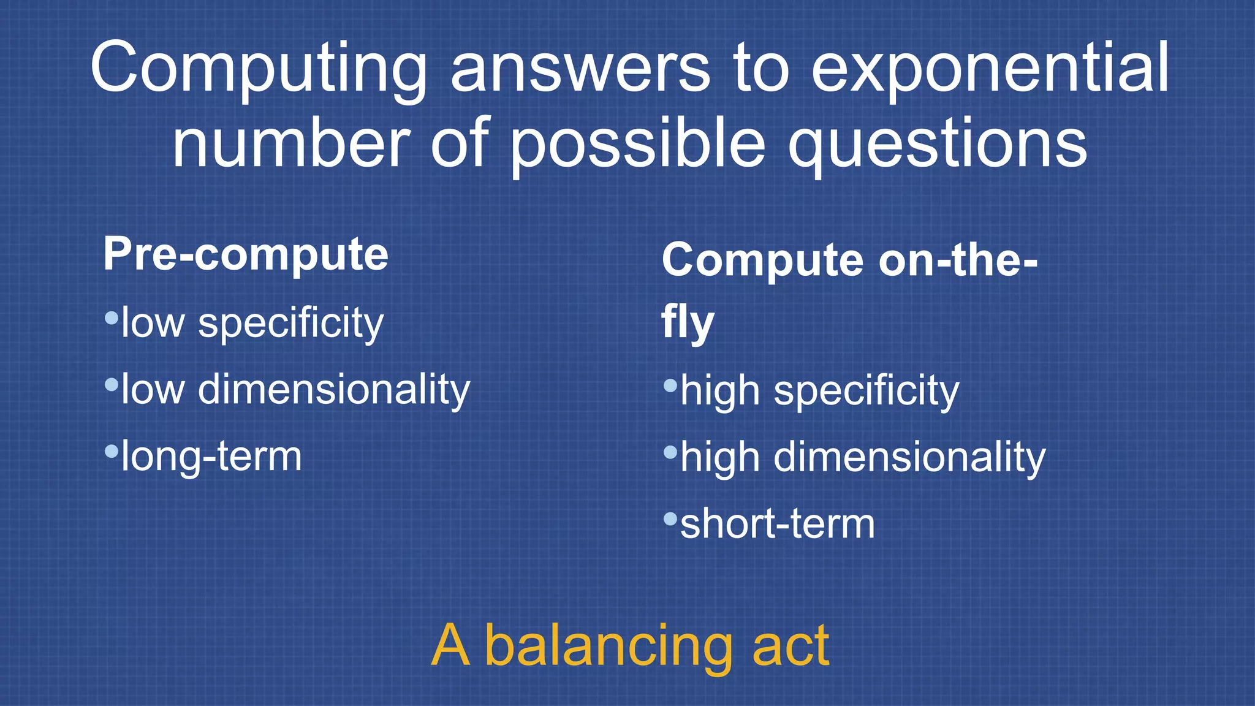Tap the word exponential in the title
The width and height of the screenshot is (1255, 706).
[990, 69]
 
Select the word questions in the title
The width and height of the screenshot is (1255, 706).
[938, 145]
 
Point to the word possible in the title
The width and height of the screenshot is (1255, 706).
[637, 145]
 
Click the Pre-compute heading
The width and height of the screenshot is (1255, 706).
[246, 255]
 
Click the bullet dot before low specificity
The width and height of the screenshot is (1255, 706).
[112, 318]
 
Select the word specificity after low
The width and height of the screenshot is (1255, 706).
[290, 323]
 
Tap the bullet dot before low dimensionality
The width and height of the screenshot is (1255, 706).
[112, 385]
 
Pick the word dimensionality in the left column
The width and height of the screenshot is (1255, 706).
[334, 390]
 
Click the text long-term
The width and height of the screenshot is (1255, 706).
[211, 457]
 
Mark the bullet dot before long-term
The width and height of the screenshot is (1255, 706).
[112, 452]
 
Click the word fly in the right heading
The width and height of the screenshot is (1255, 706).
[688, 323]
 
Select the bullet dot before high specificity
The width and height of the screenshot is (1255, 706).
[670, 385]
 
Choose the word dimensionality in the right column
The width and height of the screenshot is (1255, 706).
[909, 458]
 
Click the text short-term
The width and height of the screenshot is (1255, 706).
[778, 525]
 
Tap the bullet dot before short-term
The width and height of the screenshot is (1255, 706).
[670, 520]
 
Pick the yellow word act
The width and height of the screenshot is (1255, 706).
[791, 646]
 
